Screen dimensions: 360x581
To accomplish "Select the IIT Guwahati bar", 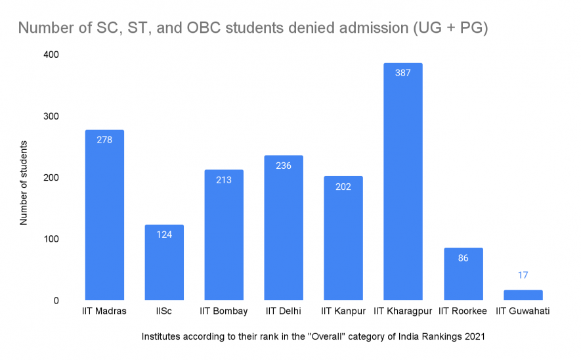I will pos(523,295).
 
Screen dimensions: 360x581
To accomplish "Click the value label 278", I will pos(104,141).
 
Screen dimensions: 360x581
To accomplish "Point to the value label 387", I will pos(403,73).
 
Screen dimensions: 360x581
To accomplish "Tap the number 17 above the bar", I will pos(523,275).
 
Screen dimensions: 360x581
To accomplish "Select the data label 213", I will pos(224,179).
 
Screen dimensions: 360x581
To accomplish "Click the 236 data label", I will pos(284,166).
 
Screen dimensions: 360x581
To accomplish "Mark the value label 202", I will pos(343,187).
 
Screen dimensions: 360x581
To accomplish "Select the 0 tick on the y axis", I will pos(55,301).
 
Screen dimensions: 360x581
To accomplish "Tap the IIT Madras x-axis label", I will pos(104,311).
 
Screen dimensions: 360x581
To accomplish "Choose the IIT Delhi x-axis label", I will pos(284,311).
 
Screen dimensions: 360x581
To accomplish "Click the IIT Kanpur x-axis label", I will pos(343,311).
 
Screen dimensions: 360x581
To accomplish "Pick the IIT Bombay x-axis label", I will pos(224,311).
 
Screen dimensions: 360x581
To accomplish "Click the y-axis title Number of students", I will pos(24,182).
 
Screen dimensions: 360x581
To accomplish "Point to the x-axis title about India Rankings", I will pos(313,337).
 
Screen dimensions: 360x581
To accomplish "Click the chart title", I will pos(253,29).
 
